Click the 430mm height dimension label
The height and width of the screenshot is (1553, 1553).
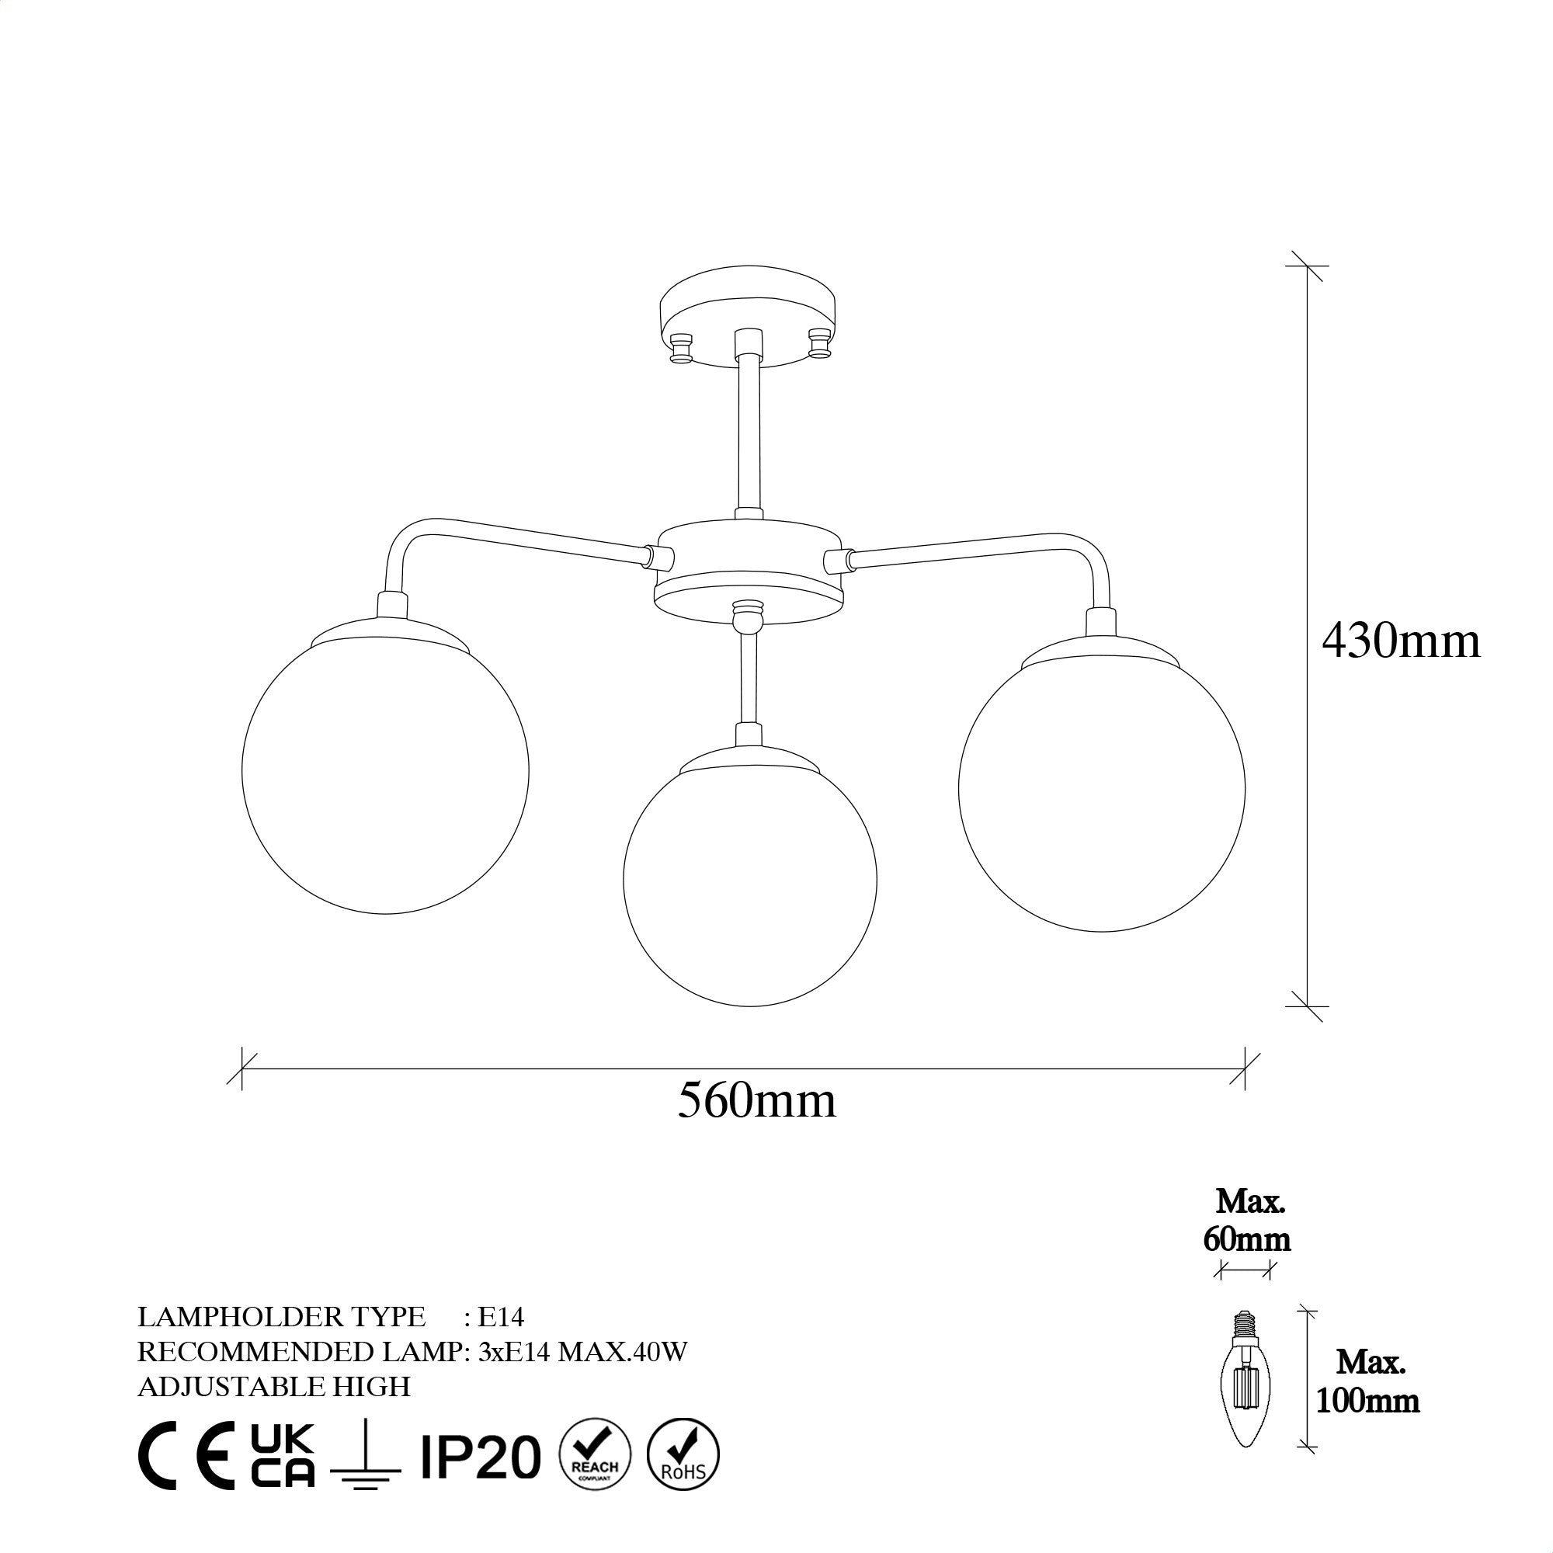[x=1400, y=642]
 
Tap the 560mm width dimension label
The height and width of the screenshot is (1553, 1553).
[x=756, y=1100]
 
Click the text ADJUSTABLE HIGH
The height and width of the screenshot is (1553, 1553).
[x=274, y=1387]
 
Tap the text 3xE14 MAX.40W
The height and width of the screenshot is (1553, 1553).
[x=583, y=1352]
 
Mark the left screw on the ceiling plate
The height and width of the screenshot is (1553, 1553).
[x=682, y=347]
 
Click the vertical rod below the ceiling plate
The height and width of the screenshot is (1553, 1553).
[x=749, y=434]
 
